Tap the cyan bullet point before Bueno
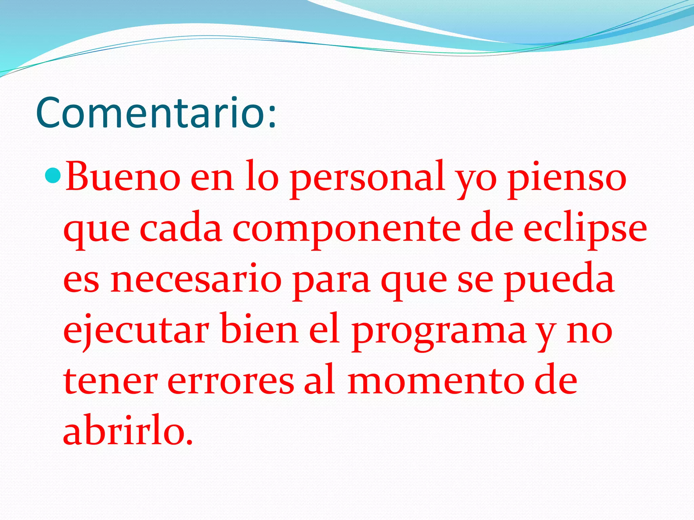(x=53, y=175)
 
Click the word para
(x=331, y=281)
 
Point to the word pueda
(x=559, y=281)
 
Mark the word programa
(x=439, y=332)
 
